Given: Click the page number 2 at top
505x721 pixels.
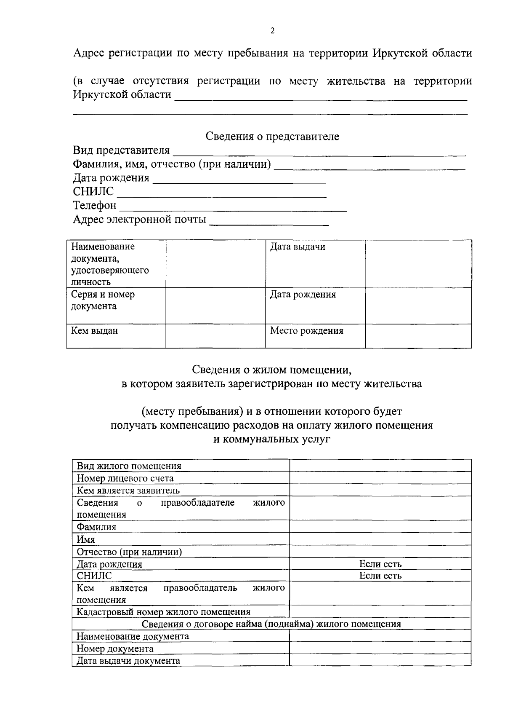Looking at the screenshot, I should coord(272,30).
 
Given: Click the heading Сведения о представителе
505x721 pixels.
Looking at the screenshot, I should coord(272,136).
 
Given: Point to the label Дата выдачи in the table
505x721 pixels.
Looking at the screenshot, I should coord(298,247).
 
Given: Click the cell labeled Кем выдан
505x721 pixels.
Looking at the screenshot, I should coord(94,331).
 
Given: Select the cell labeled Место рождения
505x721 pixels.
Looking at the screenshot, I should coord(306,331).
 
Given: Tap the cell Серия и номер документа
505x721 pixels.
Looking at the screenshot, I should coord(103,300).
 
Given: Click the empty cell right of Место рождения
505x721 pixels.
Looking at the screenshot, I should coord(418,336).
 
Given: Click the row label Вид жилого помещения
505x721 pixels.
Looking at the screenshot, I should coord(129,466).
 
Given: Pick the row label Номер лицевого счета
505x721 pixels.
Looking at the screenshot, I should coord(125,478).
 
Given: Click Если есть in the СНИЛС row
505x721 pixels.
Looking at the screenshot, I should coord(380,576).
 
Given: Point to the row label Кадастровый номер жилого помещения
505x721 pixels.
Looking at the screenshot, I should coord(163,612).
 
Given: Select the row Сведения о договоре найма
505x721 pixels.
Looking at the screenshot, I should coord(271,624).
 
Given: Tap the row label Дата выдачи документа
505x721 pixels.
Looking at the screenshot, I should coord(128,660).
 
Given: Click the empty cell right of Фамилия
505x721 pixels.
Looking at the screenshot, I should coord(380,527).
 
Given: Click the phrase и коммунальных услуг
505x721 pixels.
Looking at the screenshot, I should coord(272,439).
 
